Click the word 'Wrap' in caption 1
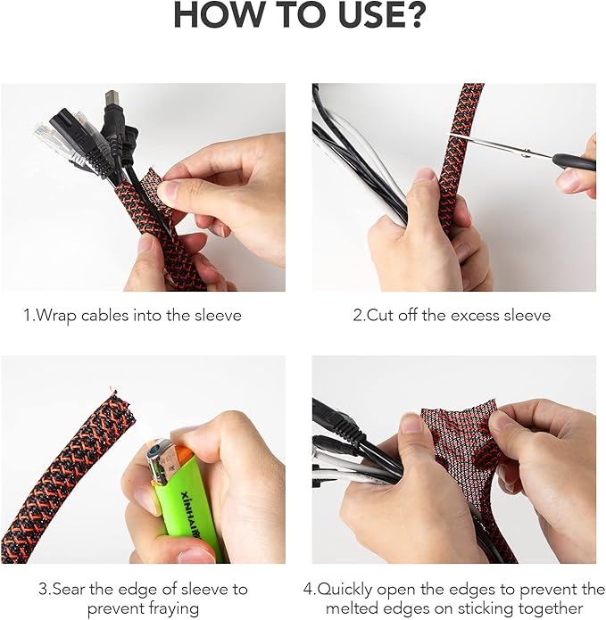[x=55, y=315]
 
